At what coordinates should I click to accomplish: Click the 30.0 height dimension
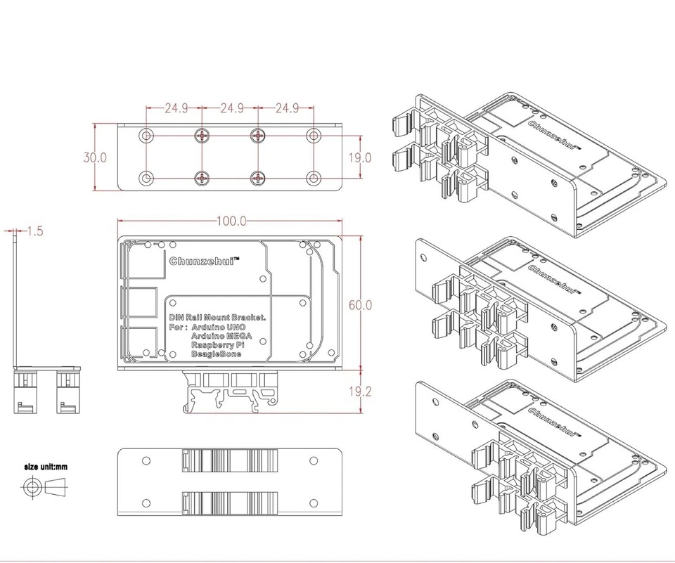[94, 157]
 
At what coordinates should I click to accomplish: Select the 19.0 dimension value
[359, 157]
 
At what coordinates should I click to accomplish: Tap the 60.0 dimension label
[361, 305]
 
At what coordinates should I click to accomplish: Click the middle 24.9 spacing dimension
[231, 108]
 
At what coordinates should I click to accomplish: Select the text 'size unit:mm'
[46, 465]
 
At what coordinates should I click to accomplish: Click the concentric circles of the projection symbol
[30, 487]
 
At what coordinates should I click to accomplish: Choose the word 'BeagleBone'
[216, 355]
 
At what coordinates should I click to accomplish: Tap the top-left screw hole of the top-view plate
[146, 135]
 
